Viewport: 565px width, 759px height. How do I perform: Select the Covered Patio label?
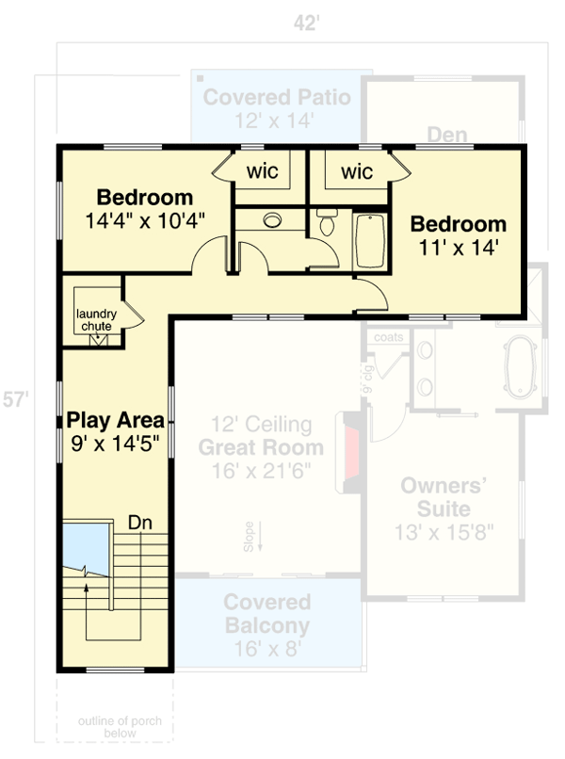coord(277,97)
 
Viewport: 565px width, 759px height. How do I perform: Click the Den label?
coord(446,135)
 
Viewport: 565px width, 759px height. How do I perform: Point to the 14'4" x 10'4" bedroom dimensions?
coord(145,220)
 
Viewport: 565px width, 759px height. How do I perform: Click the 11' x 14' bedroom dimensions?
coord(459,248)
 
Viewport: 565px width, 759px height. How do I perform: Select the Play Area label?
coord(115,420)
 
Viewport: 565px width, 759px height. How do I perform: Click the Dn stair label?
coord(140,521)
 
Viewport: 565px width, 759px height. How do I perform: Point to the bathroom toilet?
coord(327,223)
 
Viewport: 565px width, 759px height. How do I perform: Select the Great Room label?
coord(261,448)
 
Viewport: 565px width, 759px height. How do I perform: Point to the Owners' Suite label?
coord(444,497)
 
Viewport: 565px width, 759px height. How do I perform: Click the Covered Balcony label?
coord(266,613)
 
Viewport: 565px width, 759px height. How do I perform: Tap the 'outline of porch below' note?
coord(120,727)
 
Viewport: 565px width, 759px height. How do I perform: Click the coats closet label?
coord(388,337)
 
